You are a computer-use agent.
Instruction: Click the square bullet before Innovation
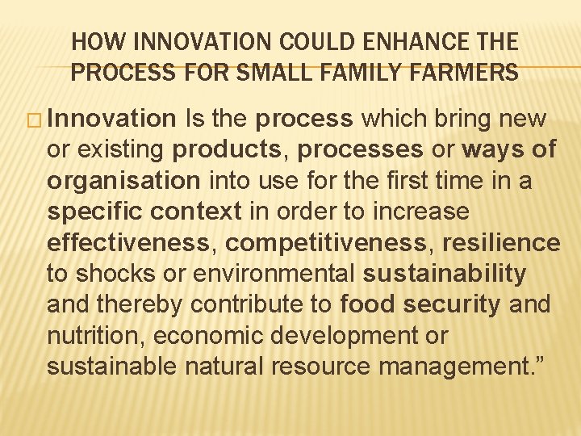[x=34, y=120]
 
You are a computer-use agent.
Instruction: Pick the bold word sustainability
[x=445, y=273]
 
